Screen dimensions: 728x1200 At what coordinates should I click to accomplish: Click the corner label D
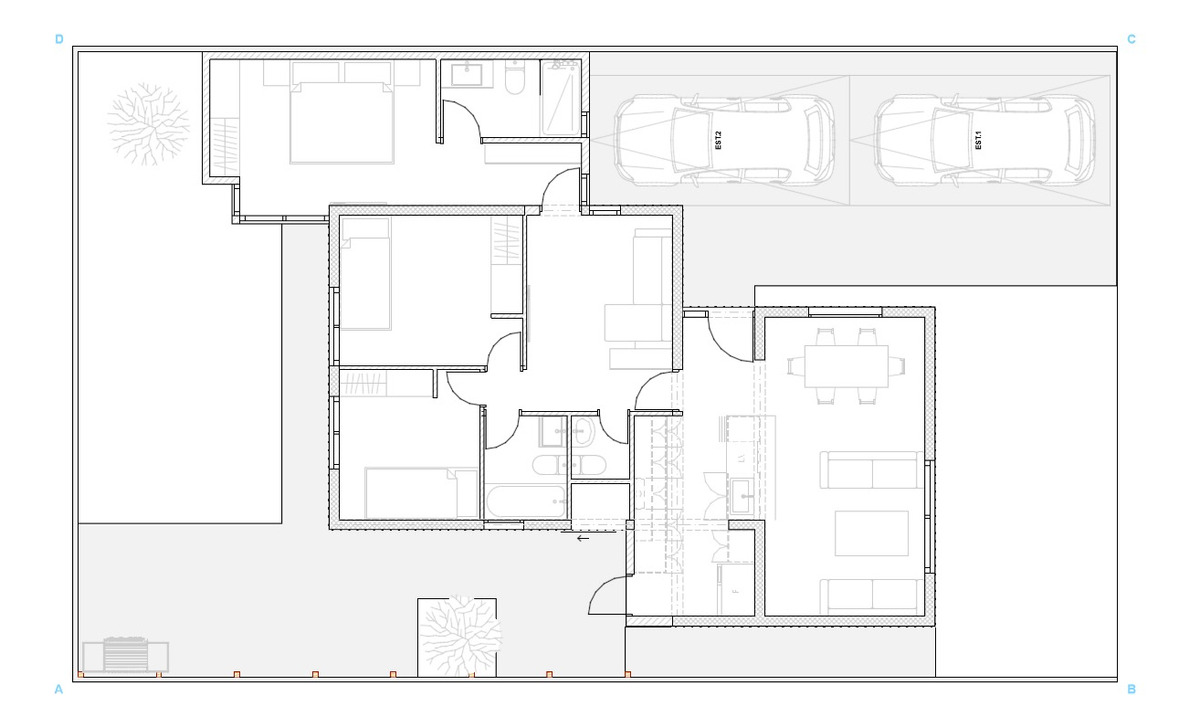[x=59, y=40]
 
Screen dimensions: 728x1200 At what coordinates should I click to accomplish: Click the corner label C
[x=1131, y=40]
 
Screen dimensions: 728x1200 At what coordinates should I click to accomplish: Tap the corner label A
[x=59, y=689]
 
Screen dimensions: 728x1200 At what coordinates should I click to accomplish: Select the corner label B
[x=1131, y=689]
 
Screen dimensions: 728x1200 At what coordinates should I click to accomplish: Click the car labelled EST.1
[x=980, y=140]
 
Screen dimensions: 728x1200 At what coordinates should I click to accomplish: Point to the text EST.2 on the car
[x=718, y=139]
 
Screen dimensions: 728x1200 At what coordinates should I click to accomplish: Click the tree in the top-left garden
[x=147, y=124]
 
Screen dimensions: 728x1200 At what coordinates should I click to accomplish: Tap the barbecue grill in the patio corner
[x=125, y=655]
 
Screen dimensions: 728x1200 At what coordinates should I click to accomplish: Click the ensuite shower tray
[x=561, y=98]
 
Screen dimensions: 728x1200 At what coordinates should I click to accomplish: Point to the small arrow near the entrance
[x=582, y=538]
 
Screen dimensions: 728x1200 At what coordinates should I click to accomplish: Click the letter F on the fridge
[x=736, y=592]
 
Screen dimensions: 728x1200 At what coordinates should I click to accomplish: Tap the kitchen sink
[x=740, y=493]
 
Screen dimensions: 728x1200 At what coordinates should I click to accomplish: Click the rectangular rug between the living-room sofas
[x=871, y=533]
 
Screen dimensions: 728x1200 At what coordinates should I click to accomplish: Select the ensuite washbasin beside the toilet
[x=467, y=74]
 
